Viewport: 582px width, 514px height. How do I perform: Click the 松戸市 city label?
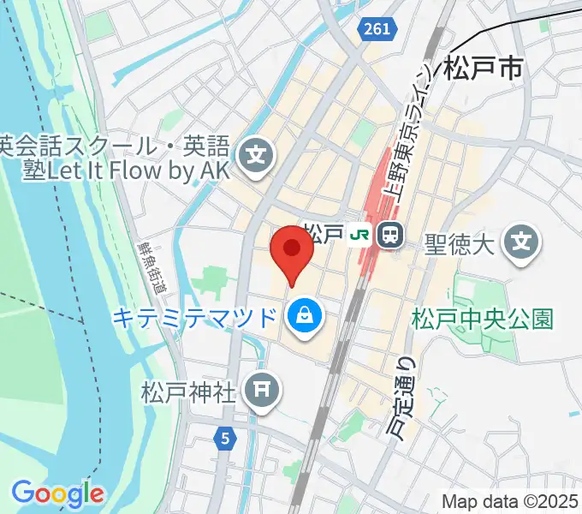click(x=483, y=69)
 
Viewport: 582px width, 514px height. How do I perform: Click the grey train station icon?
click(x=391, y=235)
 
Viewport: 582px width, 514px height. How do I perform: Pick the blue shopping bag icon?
click(x=304, y=319)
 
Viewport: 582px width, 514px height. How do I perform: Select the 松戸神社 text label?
click(x=187, y=393)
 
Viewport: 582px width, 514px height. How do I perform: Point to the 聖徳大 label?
click(x=460, y=246)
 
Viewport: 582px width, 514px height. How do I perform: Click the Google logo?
click(x=57, y=493)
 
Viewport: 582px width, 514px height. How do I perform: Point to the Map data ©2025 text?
click(x=510, y=500)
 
